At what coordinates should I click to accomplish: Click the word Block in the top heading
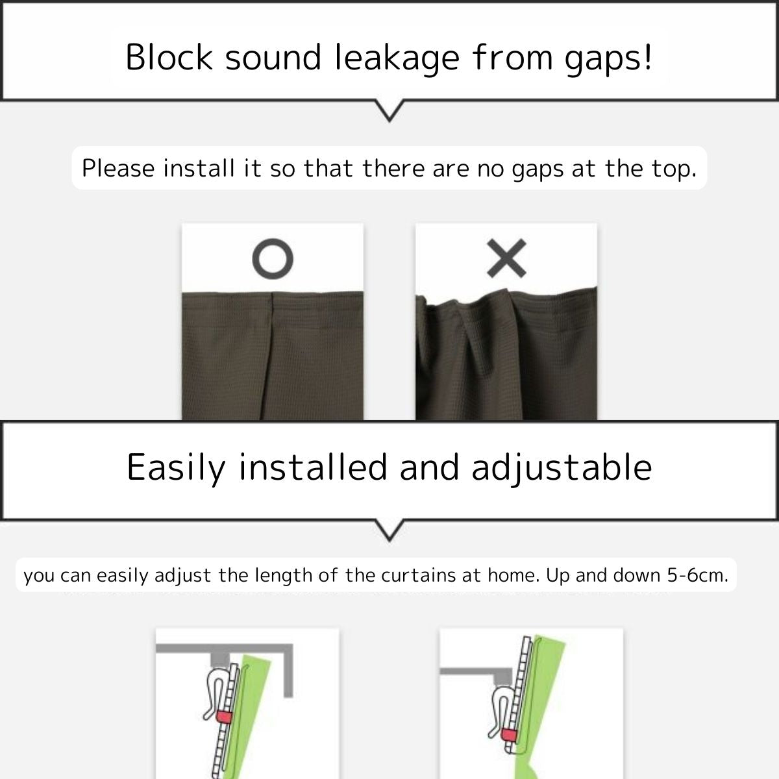[169, 57]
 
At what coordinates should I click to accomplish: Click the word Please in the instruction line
[118, 169]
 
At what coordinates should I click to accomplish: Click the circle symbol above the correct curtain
[273, 259]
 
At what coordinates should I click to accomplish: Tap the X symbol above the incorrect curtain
[506, 258]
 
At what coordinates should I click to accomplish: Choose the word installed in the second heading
[314, 467]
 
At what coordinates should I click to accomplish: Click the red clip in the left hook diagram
[224, 716]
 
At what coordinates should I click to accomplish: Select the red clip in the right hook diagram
[510, 734]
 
